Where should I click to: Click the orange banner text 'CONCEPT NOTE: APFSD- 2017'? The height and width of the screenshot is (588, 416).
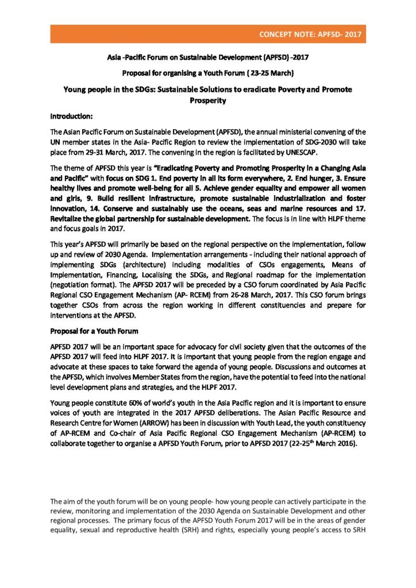(310, 34)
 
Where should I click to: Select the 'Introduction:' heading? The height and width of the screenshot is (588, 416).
(71, 116)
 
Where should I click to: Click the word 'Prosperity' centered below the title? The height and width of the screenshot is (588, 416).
(207, 100)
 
